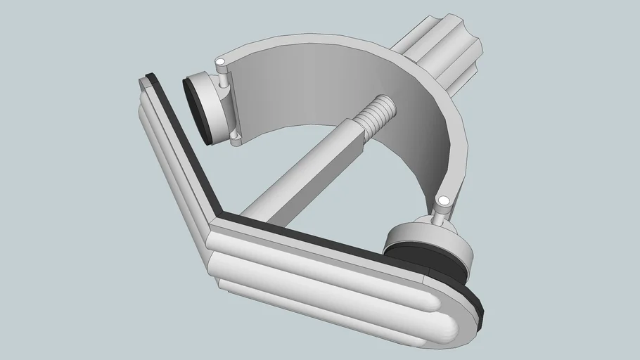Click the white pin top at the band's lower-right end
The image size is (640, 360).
coord(444,202)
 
